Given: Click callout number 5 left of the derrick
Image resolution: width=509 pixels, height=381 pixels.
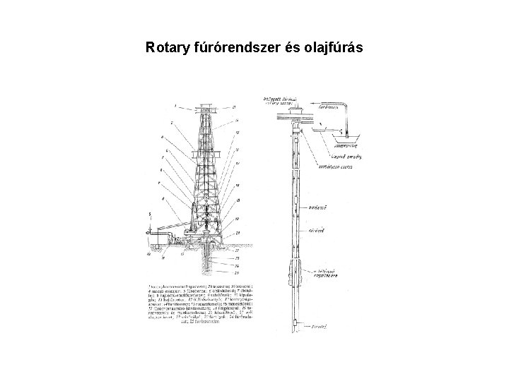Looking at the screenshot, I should (151, 214).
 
